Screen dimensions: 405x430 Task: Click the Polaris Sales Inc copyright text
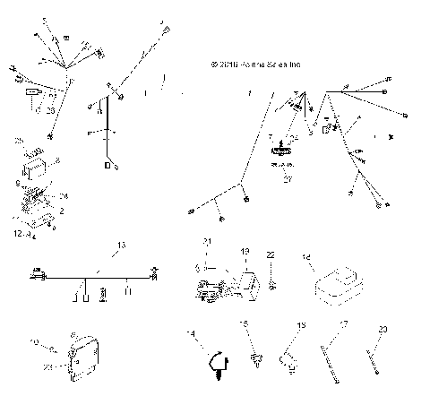click(255, 65)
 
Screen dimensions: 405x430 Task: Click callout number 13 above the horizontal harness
click(121, 244)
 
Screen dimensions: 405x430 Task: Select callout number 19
click(245, 252)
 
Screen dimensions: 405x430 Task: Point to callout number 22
click(270, 256)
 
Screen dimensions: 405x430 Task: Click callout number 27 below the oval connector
click(288, 179)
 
